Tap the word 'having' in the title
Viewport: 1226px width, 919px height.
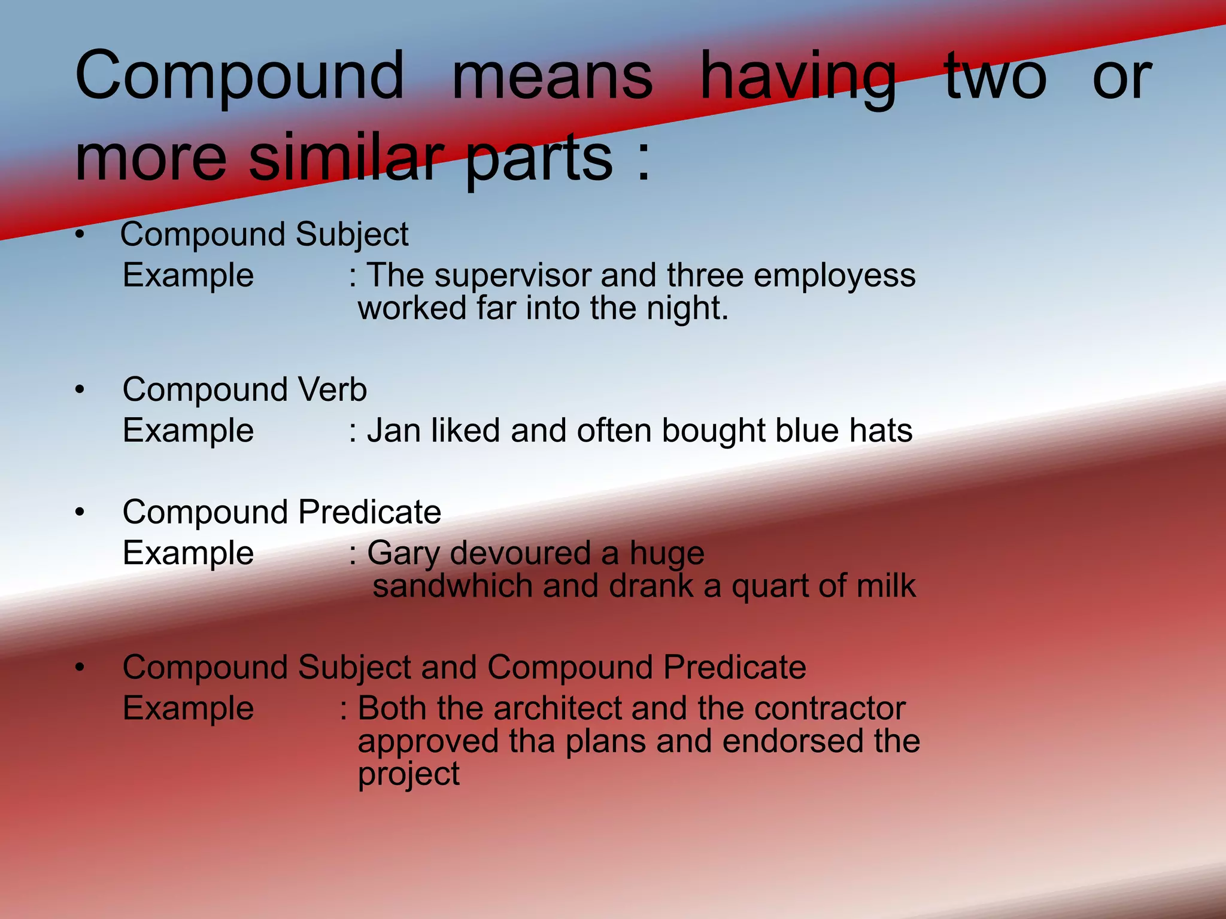pos(798,78)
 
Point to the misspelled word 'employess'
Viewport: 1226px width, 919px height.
pos(834,276)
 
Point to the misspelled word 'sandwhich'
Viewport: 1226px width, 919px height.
pos(452,586)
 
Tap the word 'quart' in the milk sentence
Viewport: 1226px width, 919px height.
pos(767,586)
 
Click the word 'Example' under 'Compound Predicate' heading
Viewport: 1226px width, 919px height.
pos(188,553)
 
